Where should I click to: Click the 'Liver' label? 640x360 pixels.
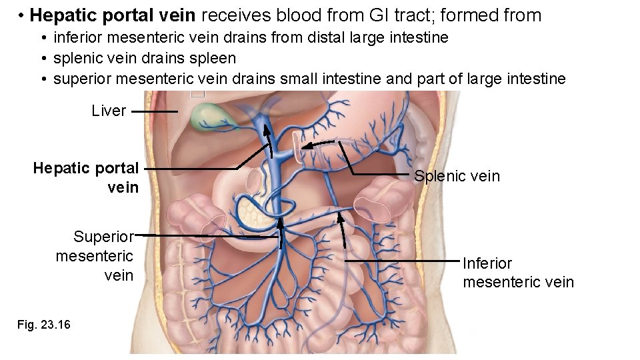click(x=109, y=111)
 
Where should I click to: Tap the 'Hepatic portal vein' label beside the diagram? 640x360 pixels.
click(x=86, y=177)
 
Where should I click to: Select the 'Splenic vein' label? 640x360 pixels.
click(x=456, y=176)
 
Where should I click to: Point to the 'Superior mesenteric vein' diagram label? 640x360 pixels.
click(x=95, y=256)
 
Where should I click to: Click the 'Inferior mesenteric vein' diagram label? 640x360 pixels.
click(x=518, y=273)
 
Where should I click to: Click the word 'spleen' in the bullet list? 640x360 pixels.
click(x=215, y=59)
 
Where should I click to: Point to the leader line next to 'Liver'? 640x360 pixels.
click(x=154, y=111)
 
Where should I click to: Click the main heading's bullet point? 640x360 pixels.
click(x=22, y=15)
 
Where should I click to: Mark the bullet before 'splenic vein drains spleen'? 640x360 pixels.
click(x=43, y=59)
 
